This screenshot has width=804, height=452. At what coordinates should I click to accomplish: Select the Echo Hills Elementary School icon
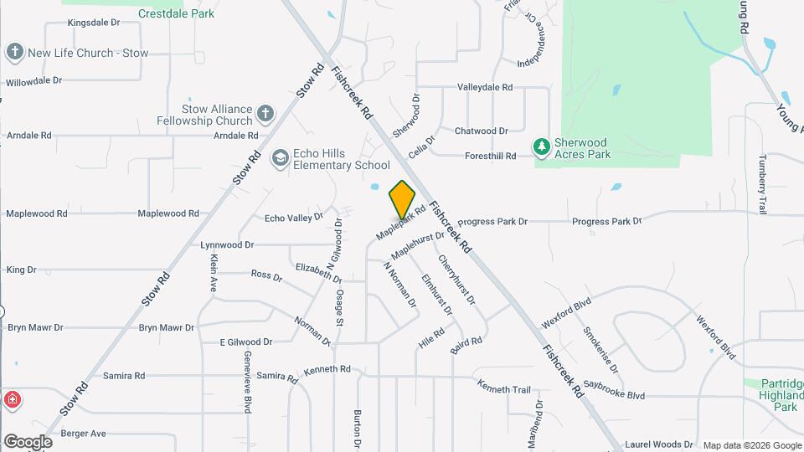click(280, 159)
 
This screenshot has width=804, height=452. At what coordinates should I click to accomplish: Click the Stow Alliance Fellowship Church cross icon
click(265, 114)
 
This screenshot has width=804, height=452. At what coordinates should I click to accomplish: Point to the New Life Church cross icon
click(14, 53)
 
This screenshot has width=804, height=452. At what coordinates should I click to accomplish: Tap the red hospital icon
click(12, 399)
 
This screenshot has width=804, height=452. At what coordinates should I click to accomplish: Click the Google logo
click(28, 441)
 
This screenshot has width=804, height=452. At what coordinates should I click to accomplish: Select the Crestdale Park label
click(176, 13)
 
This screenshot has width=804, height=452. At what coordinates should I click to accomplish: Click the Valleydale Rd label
click(484, 87)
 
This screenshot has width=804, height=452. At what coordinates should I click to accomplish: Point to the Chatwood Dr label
click(481, 131)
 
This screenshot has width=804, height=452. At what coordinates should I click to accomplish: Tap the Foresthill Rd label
click(490, 156)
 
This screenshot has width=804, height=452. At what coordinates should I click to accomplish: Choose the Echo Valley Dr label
click(293, 218)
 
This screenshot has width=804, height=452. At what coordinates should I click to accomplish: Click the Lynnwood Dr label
click(226, 245)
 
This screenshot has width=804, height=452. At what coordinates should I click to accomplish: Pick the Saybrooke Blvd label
click(615, 395)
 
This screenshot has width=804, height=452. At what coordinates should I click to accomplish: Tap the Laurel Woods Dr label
click(659, 444)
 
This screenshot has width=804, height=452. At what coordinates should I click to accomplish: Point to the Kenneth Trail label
click(504, 388)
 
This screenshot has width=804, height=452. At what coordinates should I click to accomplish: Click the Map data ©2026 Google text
click(751, 445)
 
